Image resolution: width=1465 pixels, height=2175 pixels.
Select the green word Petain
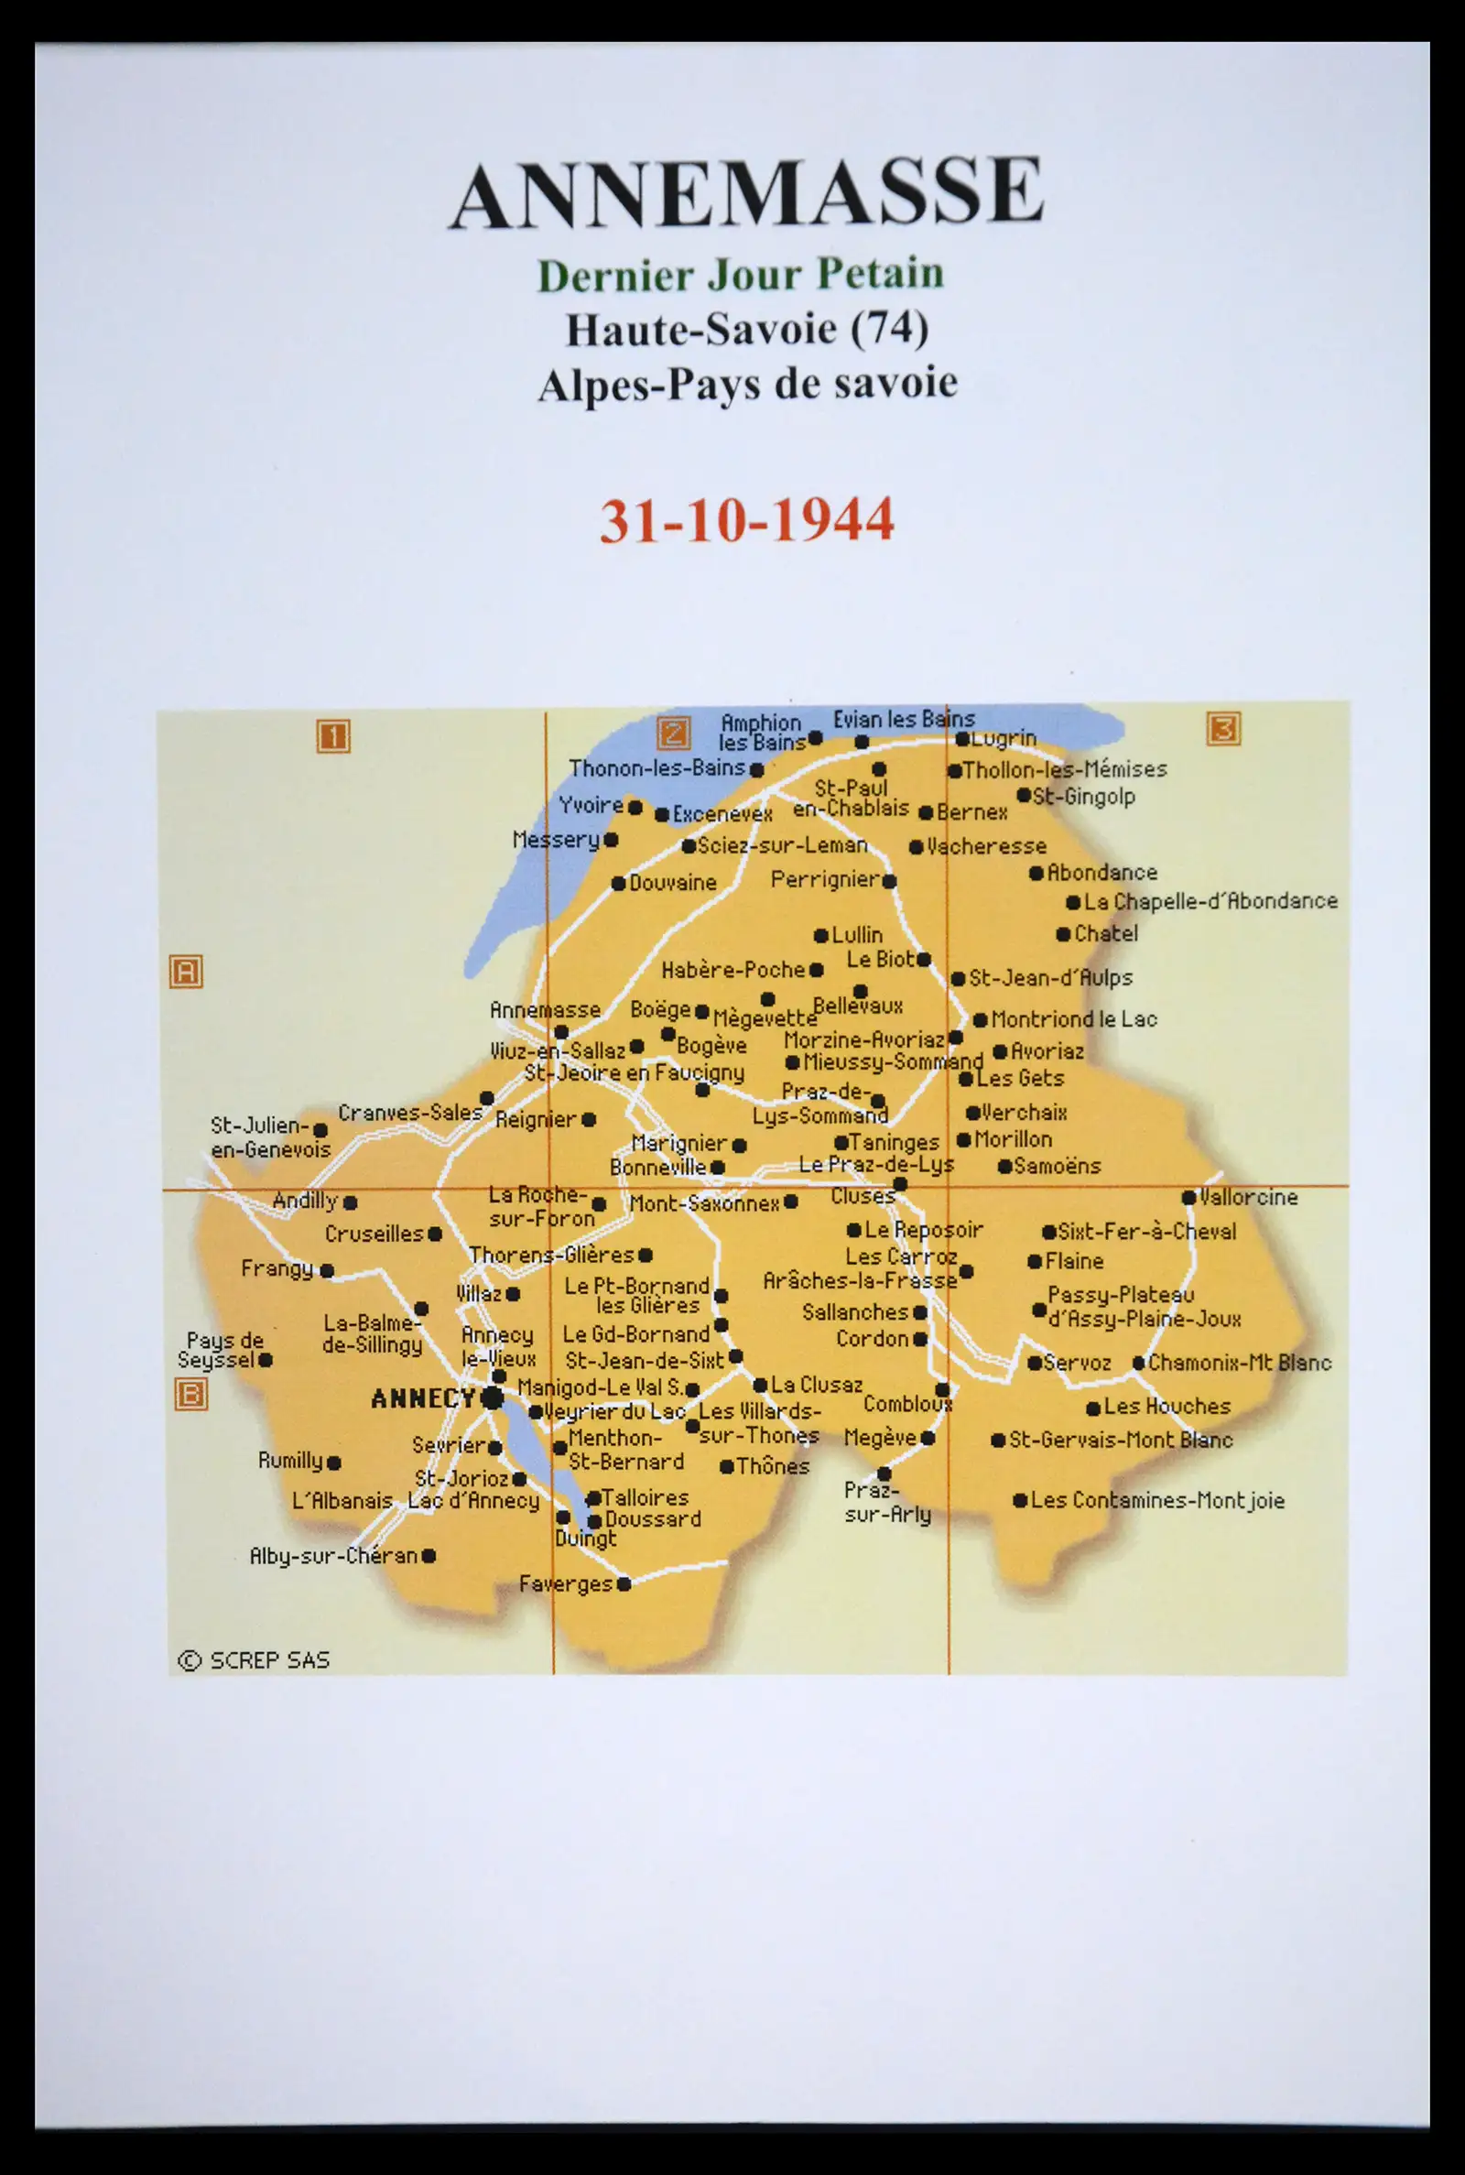click(880, 274)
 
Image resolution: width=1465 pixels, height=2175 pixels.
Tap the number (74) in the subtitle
click(892, 328)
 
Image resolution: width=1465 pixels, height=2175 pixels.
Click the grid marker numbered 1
click(332, 736)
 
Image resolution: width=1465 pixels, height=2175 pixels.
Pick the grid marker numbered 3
click(1223, 728)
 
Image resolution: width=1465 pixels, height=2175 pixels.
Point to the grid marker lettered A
click(186, 972)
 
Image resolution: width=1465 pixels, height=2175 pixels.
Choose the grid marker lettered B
click(190, 1395)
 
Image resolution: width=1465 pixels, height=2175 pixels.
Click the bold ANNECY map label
click(422, 1398)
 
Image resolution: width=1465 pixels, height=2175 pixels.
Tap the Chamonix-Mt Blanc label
click(1239, 1362)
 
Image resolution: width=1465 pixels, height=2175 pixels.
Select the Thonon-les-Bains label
click(657, 769)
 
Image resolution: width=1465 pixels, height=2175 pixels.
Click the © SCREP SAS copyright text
click(255, 1659)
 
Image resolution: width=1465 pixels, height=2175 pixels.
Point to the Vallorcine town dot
click(1188, 1198)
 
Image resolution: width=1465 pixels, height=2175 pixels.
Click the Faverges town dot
click(624, 1582)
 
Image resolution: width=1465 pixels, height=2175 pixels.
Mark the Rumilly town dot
click(334, 1463)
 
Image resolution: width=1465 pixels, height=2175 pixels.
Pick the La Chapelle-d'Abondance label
click(1210, 901)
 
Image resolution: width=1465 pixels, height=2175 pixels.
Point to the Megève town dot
click(928, 1438)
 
